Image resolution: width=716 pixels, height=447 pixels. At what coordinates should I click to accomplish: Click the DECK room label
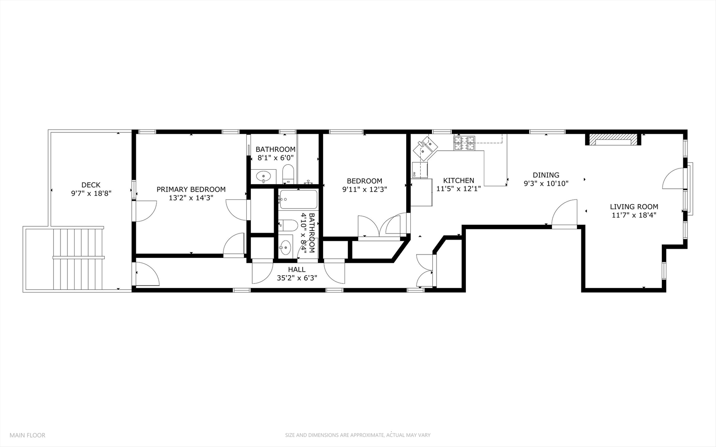coord(91,185)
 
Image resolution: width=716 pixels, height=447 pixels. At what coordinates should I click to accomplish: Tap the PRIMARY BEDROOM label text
coord(191,190)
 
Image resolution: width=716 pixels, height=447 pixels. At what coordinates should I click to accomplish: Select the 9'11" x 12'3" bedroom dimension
coord(364,190)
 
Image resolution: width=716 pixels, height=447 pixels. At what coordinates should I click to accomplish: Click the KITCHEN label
coord(458,180)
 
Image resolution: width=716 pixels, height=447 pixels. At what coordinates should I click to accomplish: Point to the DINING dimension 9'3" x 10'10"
coord(546,183)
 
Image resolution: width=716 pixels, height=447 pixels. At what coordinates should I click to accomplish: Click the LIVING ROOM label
coord(634,207)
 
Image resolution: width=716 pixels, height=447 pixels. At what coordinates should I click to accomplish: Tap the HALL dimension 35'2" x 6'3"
coord(297,278)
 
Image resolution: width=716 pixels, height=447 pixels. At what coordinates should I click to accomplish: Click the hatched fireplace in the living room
coord(613,139)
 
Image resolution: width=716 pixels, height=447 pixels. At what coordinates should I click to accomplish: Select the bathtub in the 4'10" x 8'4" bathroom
coord(298,199)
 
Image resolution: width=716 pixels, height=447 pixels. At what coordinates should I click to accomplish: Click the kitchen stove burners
coord(464,143)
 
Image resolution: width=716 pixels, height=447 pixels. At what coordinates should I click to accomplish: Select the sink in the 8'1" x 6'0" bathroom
coord(264,177)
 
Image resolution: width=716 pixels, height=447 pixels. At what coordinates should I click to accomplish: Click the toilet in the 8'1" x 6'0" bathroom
coord(288,174)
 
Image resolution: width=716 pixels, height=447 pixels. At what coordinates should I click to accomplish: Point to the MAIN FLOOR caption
coord(27,435)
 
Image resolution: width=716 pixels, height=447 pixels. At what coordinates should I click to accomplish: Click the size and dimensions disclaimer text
coord(357,435)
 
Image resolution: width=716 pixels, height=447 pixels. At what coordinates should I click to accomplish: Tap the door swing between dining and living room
coord(564,213)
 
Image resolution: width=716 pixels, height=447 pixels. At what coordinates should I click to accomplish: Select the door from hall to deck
coord(147,274)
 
